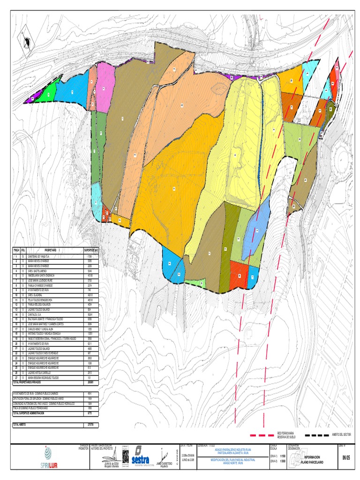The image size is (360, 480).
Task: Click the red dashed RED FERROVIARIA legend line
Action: click(262, 435)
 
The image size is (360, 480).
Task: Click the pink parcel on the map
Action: click(105, 89)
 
